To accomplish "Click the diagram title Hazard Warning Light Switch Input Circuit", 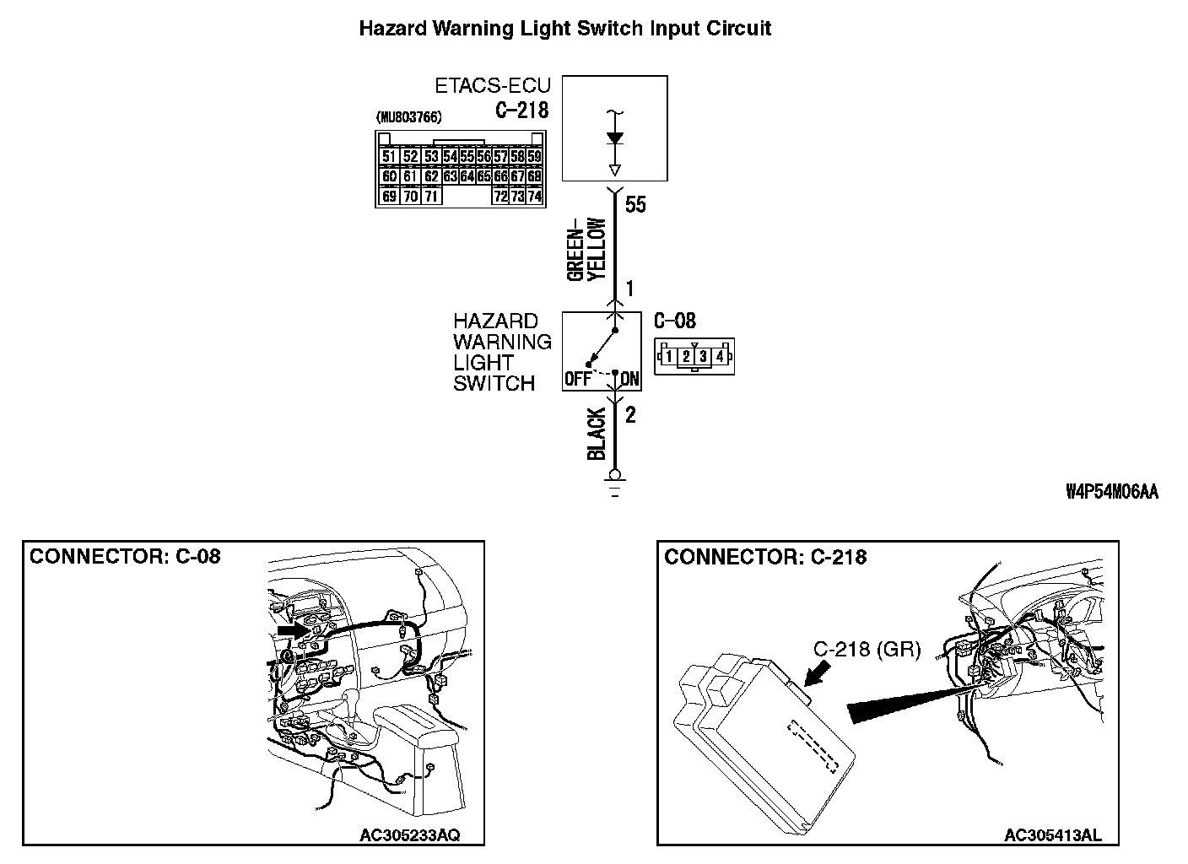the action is (x=565, y=29).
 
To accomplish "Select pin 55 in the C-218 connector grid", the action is (x=467, y=156).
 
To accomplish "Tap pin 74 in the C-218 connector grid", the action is (x=535, y=197).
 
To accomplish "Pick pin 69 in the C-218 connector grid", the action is (x=389, y=197).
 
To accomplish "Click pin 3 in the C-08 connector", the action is (x=703, y=356).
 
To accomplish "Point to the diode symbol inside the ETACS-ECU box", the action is (x=615, y=138).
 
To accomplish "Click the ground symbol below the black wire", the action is (x=615, y=483).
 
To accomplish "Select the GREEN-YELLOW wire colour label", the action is (x=586, y=249).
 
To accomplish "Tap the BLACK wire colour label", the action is (x=597, y=434).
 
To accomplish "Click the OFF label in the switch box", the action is (x=578, y=379).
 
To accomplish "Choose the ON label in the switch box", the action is (x=629, y=379).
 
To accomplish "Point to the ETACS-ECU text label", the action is (x=493, y=85).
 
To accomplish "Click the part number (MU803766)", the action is (x=408, y=117).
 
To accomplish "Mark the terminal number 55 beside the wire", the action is (x=635, y=204).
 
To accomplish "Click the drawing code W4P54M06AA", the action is (x=1112, y=492).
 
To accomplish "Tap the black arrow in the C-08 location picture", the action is (x=294, y=630).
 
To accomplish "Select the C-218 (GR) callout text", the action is (x=867, y=649).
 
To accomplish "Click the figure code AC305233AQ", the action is (x=410, y=835).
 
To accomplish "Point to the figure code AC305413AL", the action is (x=1053, y=835).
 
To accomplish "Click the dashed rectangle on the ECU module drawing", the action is (x=813, y=746).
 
